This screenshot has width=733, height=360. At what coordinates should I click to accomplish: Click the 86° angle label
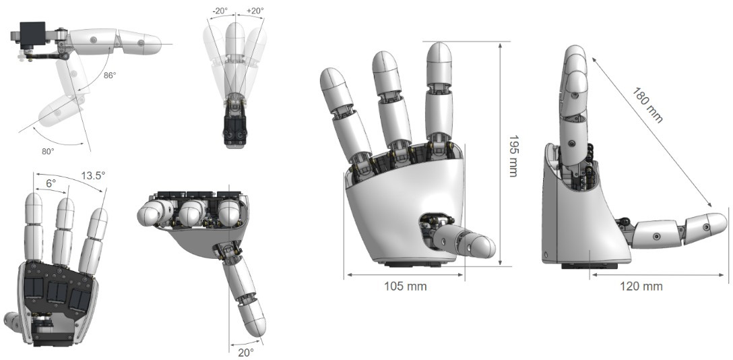(x=110, y=76)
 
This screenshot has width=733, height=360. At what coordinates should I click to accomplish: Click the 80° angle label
(x=48, y=152)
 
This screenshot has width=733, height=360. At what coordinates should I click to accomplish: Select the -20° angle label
(x=219, y=11)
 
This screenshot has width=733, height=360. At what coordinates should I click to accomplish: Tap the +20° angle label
(x=255, y=11)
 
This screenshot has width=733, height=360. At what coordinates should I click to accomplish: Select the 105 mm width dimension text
(x=404, y=286)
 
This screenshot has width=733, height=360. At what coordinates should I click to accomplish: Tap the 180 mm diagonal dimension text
(x=647, y=104)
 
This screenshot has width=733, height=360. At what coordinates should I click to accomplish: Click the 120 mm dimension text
(x=641, y=286)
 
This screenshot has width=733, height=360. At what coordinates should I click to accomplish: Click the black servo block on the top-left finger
(x=32, y=34)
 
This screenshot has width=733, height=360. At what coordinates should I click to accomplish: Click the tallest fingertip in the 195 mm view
(x=439, y=53)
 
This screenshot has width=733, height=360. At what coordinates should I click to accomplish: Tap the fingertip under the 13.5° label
(x=98, y=220)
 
